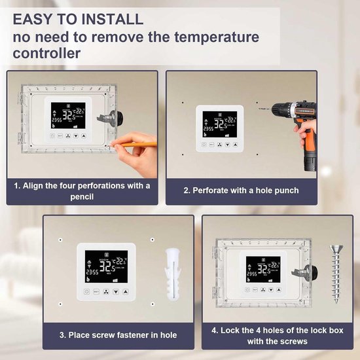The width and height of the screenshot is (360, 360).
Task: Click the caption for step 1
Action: (82, 190)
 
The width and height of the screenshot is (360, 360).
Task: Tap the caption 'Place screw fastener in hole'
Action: (118, 335)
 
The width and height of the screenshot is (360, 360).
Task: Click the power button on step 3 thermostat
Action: (86, 291)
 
